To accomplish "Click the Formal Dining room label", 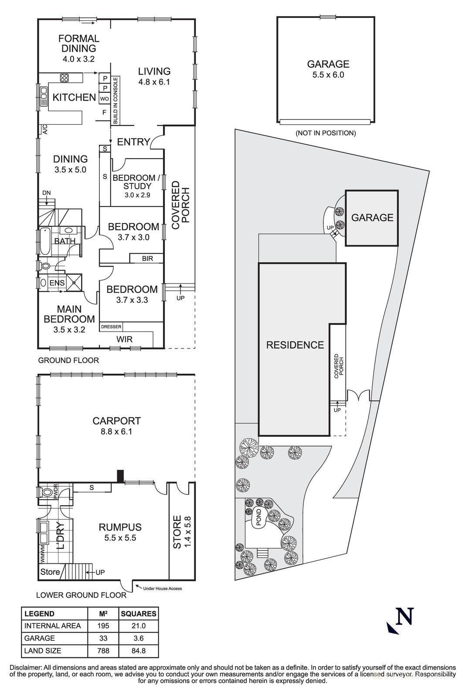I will point(79,44).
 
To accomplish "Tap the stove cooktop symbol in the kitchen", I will point(64,78).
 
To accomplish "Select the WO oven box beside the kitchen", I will point(105,99).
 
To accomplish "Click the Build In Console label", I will point(116,101).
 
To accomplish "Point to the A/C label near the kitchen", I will point(44,129).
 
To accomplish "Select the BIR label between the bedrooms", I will point(147,259).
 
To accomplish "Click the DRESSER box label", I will point(111,327).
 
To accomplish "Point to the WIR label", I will point(124,339).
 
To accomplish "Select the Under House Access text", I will point(162,589).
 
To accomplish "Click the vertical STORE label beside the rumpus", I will point(177,532).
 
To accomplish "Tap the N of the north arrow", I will point(404,617).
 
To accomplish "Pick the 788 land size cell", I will point(103,651).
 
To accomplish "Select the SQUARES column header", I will point(139,614).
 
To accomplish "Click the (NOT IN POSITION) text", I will point(326,133).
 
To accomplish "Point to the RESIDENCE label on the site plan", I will point(295,345).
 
